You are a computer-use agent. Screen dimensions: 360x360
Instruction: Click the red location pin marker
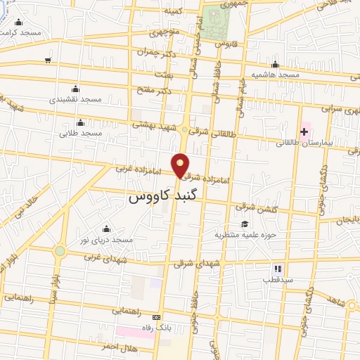(181, 165)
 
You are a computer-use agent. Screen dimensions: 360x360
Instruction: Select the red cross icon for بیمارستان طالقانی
(304, 131)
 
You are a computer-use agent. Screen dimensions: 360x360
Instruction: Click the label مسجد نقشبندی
(75, 99)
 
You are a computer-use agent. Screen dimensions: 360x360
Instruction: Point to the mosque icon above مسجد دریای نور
(106, 229)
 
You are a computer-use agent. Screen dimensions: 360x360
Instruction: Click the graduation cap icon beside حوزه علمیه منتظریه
(244, 224)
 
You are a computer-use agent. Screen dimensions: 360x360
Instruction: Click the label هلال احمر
(117, 347)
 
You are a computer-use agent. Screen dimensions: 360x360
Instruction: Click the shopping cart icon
(47, 60)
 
